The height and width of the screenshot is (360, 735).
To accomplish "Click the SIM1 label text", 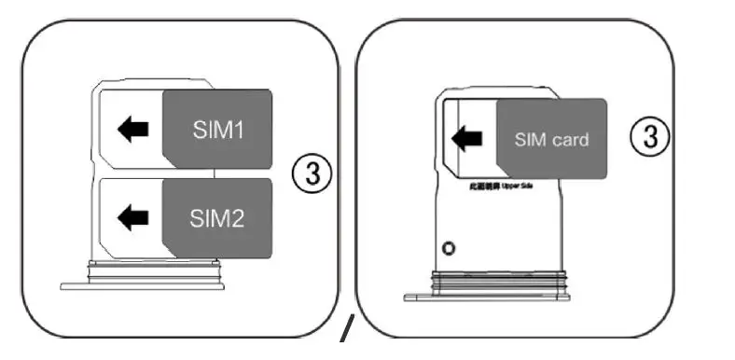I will (x=217, y=130).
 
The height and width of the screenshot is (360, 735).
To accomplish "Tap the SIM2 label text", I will (x=217, y=219).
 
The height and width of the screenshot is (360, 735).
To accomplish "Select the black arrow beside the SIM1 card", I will (x=134, y=129).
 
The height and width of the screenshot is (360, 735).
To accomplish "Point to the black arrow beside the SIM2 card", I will (x=134, y=218).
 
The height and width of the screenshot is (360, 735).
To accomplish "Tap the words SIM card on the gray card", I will (x=552, y=140).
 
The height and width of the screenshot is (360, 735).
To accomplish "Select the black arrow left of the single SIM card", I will (x=466, y=140).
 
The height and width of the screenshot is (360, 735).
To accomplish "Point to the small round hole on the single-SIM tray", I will (x=450, y=249).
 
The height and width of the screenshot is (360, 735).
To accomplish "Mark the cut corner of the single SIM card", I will (x=503, y=173).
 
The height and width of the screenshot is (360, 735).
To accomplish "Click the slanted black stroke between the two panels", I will (x=347, y=329).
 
